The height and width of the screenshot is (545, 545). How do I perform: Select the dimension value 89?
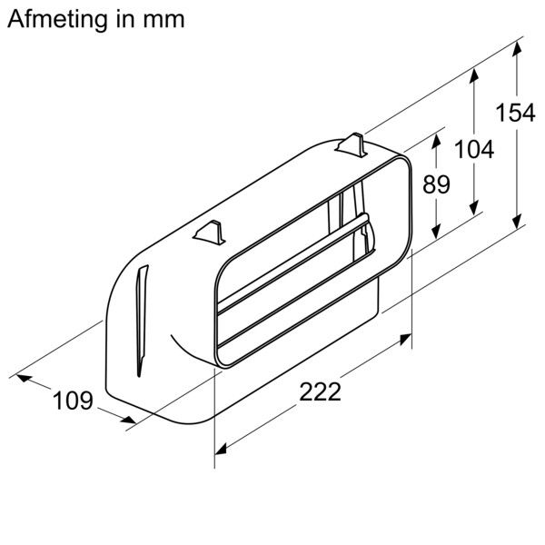point(436,184)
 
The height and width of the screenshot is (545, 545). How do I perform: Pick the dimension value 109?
point(72,400)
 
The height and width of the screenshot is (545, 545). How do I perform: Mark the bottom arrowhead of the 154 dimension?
point(519,223)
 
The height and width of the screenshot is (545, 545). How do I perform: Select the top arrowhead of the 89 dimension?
point(437,137)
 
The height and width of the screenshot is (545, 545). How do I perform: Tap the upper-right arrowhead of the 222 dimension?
point(409,338)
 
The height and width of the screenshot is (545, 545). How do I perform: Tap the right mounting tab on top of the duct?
point(351,144)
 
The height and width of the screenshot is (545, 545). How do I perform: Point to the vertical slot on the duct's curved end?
point(140,318)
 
